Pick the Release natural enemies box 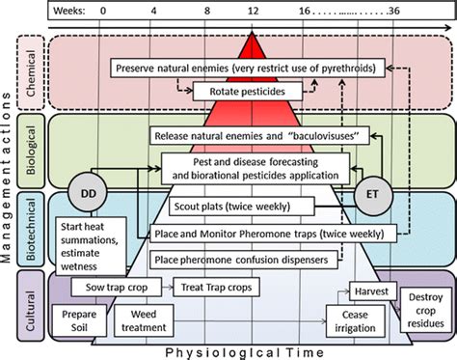[x=249, y=136]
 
